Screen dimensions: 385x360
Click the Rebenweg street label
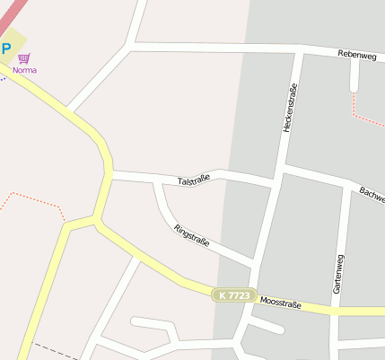355,54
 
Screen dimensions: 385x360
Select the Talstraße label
194,180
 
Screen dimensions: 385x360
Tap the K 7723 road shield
234,294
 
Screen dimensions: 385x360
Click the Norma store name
24,69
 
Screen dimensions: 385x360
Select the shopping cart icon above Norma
24,57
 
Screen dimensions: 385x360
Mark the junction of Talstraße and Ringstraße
158,180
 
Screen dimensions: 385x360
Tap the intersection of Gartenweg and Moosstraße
335,310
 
